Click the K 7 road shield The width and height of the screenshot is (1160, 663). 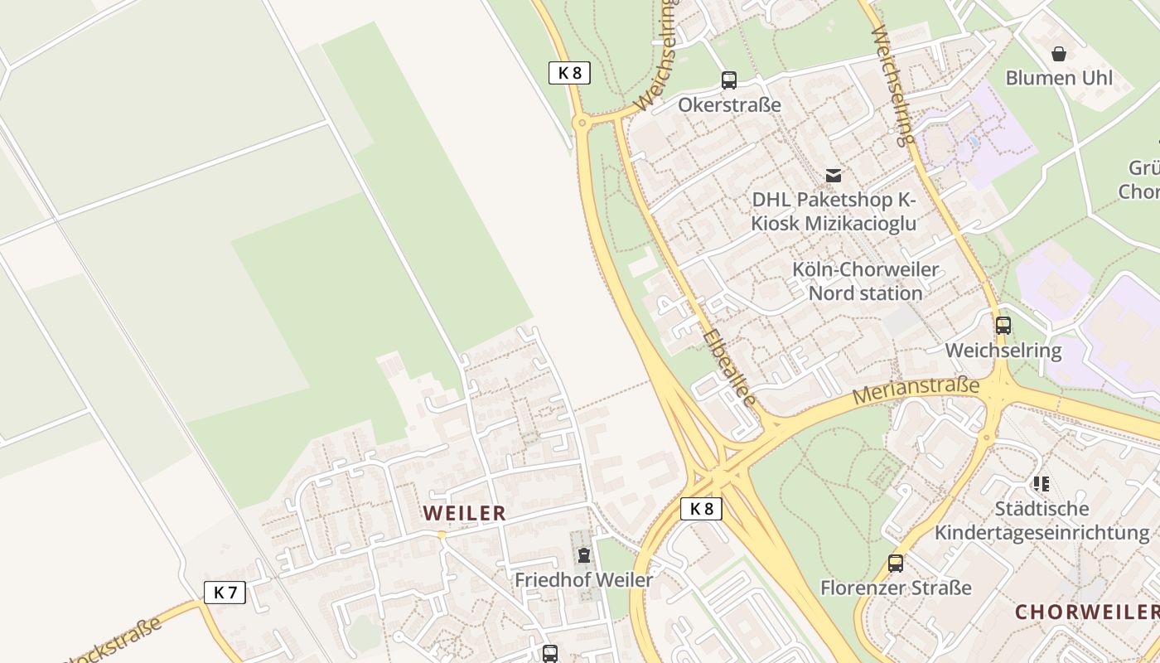tap(225, 593)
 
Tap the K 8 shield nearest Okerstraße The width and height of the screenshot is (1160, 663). tap(569, 73)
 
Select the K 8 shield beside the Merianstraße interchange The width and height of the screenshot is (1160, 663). tap(701, 509)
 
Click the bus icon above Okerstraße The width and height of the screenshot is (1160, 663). tap(729, 80)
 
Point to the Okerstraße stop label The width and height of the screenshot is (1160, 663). tap(729, 105)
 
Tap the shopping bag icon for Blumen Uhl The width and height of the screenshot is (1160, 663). tap(1059, 55)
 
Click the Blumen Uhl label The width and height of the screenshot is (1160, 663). tap(1059, 79)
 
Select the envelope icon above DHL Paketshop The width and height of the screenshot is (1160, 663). tap(834, 176)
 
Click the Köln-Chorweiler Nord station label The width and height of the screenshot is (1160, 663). tap(866, 282)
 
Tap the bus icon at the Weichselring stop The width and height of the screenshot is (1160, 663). tap(1003, 326)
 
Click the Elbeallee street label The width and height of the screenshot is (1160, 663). tap(729, 369)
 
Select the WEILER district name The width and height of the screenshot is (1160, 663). tap(464, 514)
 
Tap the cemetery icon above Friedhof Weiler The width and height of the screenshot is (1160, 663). tap(584, 555)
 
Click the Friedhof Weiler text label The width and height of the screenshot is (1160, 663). tap(584, 580)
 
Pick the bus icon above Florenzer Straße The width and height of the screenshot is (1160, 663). tap(896, 564)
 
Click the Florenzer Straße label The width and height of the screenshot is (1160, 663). tap(896, 588)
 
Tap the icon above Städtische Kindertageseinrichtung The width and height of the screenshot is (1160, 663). tap(1042, 483)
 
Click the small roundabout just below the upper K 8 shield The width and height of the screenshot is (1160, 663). tap(582, 123)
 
